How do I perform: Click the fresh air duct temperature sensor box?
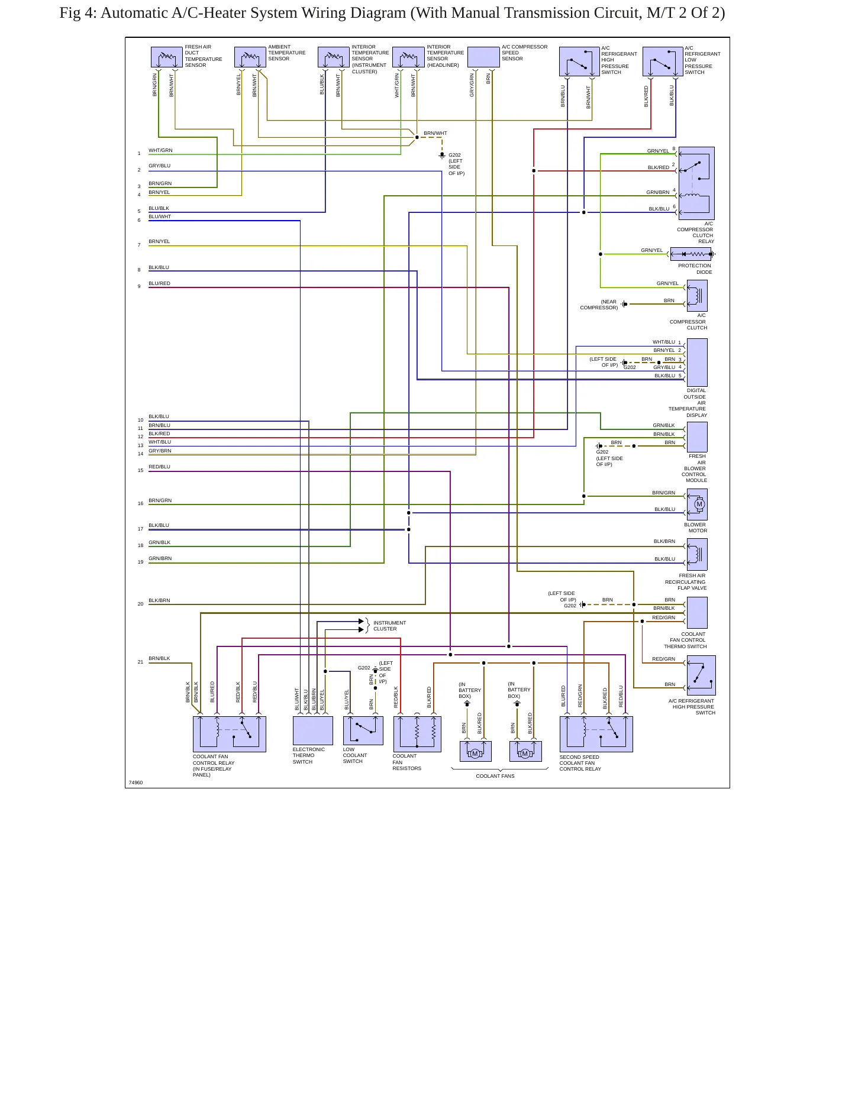(x=167, y=57)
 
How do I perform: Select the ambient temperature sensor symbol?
(x=250, y=57)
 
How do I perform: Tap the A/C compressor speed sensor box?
(x=484, y=57)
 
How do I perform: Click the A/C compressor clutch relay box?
(x=696, y=183)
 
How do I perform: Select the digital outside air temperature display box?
(x=697, y=363)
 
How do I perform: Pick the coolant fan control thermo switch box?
(x=697, y=613)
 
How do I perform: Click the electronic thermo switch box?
(x=313, y=731)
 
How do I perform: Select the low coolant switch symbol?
(x=363, y=731)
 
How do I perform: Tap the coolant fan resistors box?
(x=417, y=734)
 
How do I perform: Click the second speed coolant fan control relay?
(x=596, y=734)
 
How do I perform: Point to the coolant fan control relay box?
(x=230, y=734)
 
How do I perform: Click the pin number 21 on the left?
(x=140, y=662)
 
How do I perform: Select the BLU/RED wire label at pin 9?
(x=159, y=283)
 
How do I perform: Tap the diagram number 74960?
(x=135, y=782)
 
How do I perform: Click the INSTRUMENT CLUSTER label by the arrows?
(x=389, y=626)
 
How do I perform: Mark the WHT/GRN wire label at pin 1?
(x=160, y=150)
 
